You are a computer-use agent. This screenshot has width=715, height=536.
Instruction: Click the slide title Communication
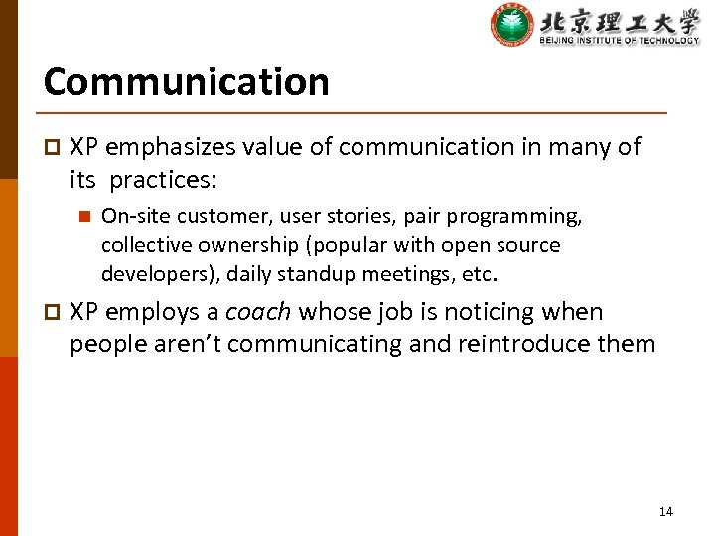click(x=186, y=81)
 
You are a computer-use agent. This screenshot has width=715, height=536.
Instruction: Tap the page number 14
click(x=665, y=511)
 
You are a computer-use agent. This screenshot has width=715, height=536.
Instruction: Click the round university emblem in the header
click(x=512, y=25)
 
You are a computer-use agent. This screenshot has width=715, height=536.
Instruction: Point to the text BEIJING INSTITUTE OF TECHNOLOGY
click(x=619, y=40)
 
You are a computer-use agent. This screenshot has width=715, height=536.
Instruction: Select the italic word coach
click(x=258, y=312)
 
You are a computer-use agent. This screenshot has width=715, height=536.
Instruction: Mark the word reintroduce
click(x=530, y=344)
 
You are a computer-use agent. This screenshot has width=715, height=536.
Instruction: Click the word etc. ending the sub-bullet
click(x=478, y=273)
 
